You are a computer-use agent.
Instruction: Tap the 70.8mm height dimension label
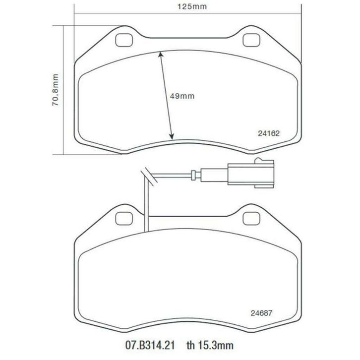56,90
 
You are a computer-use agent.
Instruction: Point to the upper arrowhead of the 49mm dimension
160,55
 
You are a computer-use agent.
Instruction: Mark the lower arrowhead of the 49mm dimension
172,137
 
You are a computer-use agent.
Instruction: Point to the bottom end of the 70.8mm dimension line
64,154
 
